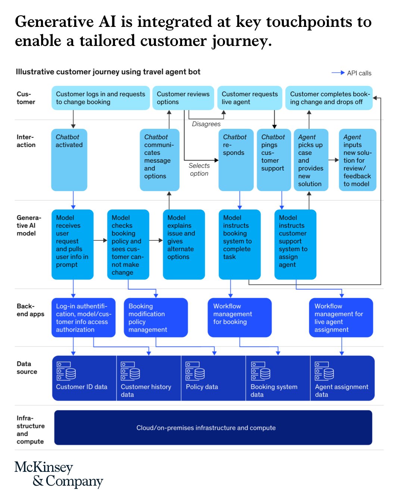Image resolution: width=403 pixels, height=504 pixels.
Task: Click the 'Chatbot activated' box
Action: click(x=69, y=160)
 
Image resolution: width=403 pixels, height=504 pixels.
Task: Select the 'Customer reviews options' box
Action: click(x=183, y=98)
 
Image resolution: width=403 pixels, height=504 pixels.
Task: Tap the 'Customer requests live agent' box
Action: click(x=250, y=98)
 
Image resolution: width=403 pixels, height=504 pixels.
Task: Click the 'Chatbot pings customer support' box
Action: click(x=274, y=160)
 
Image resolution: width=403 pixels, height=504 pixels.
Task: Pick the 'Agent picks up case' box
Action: click(x=311, y=160)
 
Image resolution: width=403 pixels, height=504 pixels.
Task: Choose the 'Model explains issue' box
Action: click(x=184, y=244)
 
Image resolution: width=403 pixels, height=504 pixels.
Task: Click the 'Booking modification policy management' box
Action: click(x=156, y=317)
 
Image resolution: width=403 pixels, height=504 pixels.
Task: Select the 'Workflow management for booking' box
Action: click(x=240, y=317)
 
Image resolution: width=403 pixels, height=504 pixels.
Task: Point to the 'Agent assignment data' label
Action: click(x=341, y=391)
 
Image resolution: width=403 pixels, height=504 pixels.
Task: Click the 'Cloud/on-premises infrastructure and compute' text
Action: click(x=206, y=428)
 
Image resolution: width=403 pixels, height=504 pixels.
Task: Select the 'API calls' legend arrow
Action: click(x=338, y=73)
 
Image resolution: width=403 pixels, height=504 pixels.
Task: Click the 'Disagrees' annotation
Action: click(x=206, y=124)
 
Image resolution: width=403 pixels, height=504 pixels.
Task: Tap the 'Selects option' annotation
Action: click(x=199, y=169)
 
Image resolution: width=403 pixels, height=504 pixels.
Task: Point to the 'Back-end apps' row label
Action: click(x=30, y=310)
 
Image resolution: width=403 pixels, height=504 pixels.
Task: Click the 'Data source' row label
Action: click(x=26, y=368)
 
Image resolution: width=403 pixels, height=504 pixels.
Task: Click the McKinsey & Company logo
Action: click(x=59, y=474)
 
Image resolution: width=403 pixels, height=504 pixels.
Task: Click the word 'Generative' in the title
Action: click(x=54, y=22)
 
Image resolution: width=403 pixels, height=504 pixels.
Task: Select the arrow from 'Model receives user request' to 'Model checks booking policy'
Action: click(x=100, y=240)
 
